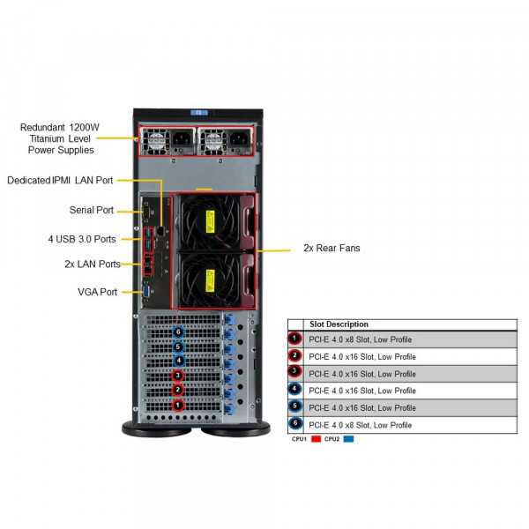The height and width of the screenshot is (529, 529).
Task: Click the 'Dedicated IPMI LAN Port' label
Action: point(60,181)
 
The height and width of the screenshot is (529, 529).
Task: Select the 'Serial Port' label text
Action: point(92,210)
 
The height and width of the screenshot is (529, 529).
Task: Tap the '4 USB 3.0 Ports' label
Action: point(81,239)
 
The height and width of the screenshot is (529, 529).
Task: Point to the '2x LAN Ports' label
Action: point(93,264)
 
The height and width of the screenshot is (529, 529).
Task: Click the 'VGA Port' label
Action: point(97,292)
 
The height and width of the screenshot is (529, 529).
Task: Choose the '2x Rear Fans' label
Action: point(332,249)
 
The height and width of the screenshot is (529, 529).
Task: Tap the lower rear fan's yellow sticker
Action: point(212,279)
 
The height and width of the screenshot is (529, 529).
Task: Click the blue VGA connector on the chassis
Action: point(147,292)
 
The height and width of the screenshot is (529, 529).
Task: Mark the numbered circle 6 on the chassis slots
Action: point(179,332)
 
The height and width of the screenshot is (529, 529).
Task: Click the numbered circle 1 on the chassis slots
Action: point(179,406)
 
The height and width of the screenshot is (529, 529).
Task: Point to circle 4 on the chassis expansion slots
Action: point(179,361)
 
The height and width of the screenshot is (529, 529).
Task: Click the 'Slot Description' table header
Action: point(339,324)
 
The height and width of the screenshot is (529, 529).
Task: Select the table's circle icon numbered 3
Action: point(295,374)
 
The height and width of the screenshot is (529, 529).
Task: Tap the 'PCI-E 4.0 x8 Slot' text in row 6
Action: point(360,425)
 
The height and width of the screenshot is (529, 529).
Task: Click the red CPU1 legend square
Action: point(315,438)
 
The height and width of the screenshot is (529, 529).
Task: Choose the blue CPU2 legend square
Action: point(348,438)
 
